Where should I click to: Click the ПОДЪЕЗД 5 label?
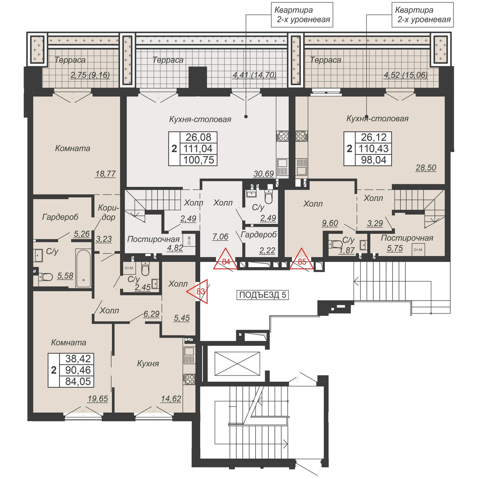263,295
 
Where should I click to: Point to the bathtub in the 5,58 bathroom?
83,268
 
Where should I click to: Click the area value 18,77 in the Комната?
105,174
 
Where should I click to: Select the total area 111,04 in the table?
198,149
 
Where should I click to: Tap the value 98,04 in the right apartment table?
373,160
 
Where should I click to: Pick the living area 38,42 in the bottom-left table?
78,358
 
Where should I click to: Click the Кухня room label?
148,364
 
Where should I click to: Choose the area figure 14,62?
171,399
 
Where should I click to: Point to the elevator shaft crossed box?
237,364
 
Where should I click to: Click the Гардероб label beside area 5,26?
60,217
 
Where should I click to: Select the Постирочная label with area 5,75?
407,238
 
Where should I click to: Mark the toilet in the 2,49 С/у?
269,197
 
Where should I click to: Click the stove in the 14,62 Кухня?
189,379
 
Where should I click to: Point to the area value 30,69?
264,174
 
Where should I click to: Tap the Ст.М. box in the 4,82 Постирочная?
189,240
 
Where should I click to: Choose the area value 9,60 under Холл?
330,223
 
